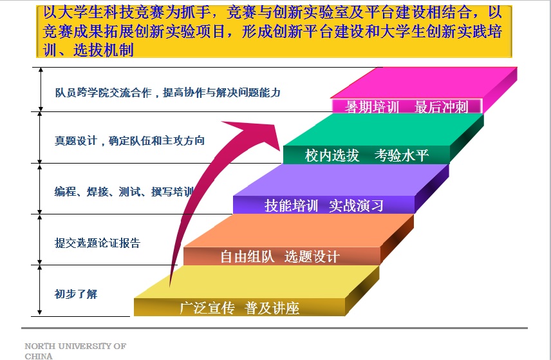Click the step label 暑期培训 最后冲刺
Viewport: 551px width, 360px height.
coord(406,107)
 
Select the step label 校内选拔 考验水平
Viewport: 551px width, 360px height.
coord(366,155)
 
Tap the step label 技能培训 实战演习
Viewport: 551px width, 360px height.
coord(324,205)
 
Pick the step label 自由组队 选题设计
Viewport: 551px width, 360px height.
coord(280,257)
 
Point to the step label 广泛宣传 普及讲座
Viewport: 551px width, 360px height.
coord(239,308)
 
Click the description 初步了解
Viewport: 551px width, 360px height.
coord(76,294)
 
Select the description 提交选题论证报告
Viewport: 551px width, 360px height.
coord(97,243)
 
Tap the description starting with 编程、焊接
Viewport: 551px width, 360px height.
coord(124,192)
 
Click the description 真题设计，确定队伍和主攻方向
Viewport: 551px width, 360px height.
coord(129,140)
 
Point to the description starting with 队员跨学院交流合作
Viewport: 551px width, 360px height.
coord(168,93)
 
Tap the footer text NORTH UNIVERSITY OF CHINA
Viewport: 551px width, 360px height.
coord(75,351)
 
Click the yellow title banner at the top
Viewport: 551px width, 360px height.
coord(274,32)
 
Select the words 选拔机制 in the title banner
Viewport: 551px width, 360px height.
coord(104,50)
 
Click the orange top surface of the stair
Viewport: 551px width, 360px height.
coord(299,231)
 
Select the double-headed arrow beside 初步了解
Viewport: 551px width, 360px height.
coord(40,290)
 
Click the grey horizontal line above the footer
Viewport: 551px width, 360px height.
coord(274,328)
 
